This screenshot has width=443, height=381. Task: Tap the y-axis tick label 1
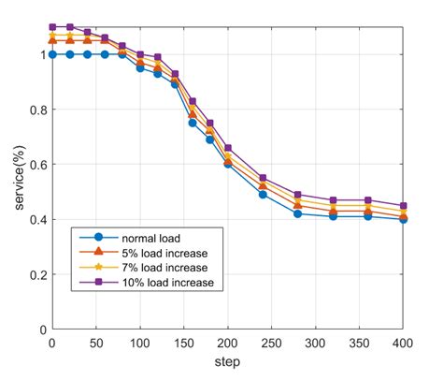[x=41, y=54]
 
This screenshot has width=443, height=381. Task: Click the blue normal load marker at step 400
[x=404, y=219]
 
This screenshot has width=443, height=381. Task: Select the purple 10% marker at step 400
[x=404, y=206]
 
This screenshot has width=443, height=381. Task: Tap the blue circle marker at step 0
[x=52, y=54]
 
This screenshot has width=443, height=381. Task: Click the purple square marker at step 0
[x=52, y=27]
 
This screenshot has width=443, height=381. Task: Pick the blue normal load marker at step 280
[x=298, y=213]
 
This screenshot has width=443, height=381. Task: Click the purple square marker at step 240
[x=263, y=178]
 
